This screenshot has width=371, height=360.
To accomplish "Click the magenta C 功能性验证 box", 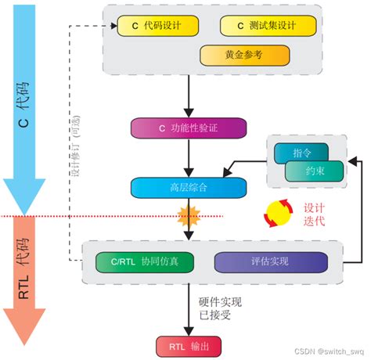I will pos(189,128).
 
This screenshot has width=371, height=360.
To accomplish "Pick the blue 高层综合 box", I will pos(189,187).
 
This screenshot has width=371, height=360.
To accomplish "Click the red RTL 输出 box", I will pos(189,345).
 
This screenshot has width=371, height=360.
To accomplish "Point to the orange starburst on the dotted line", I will pos(189,214).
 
